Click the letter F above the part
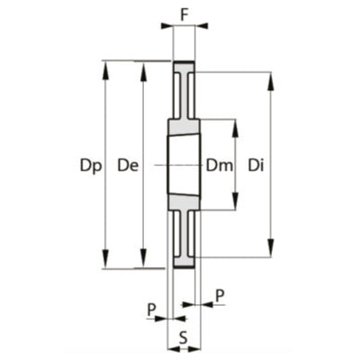(184, 15)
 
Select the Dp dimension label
(91, 166)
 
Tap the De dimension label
(128, 166)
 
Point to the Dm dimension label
(220, 166)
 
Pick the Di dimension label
(256, 166)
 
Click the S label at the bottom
(184, 337)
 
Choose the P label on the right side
(220, 296)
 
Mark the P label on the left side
(152, 310)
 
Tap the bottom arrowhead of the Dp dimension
(105, 258)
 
